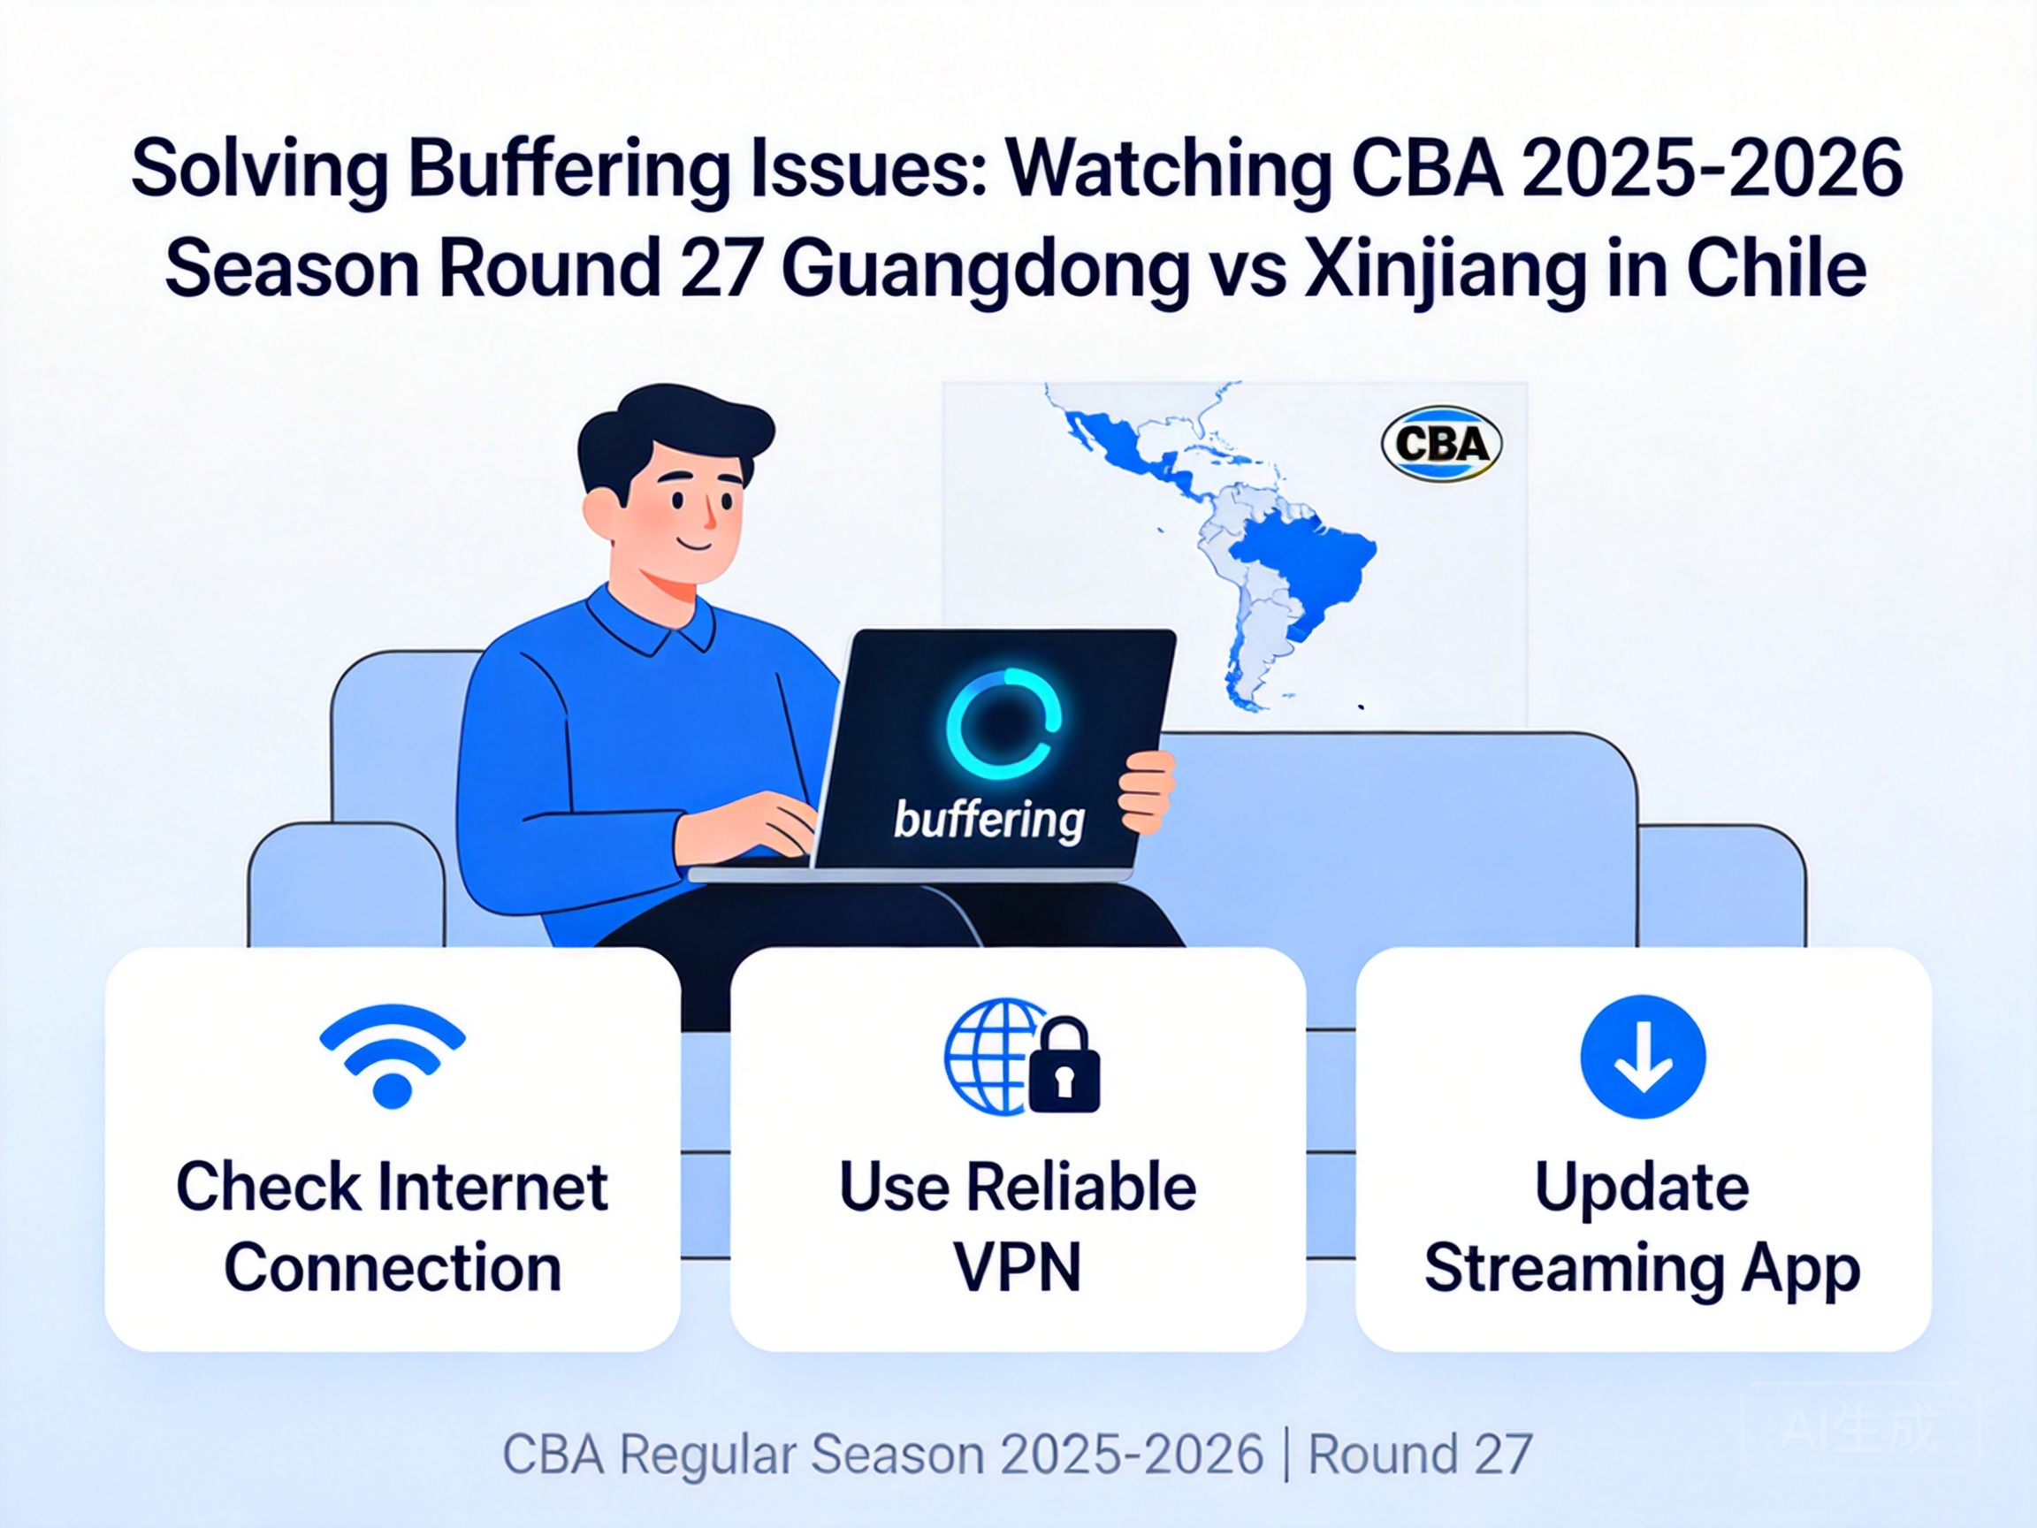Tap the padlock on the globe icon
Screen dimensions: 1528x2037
pos(1064,1066)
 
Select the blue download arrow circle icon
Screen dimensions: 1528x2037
pos(1643,1056)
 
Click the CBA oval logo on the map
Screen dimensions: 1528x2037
pos(1441,444)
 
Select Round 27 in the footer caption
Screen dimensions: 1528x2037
pos(1419,1455)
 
